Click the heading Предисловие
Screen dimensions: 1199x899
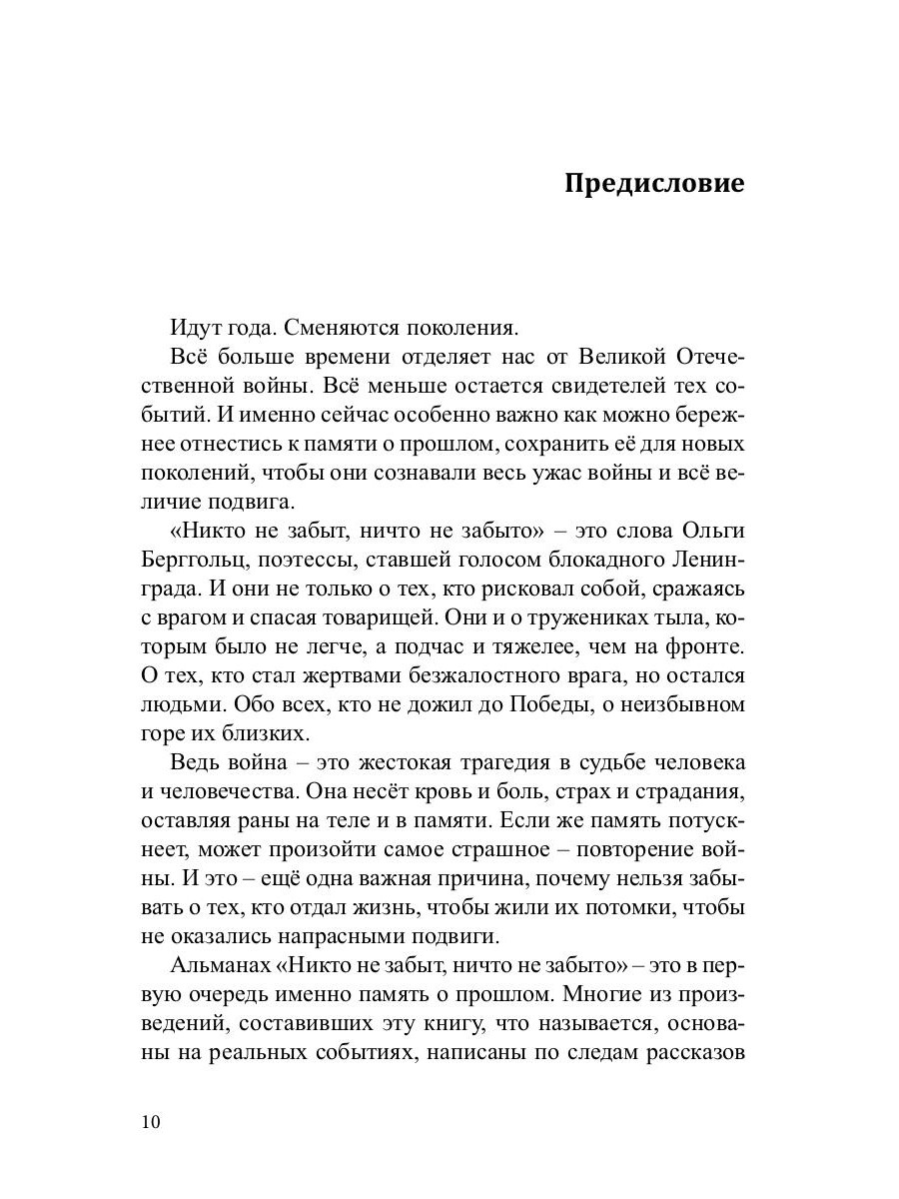coord(654,185)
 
